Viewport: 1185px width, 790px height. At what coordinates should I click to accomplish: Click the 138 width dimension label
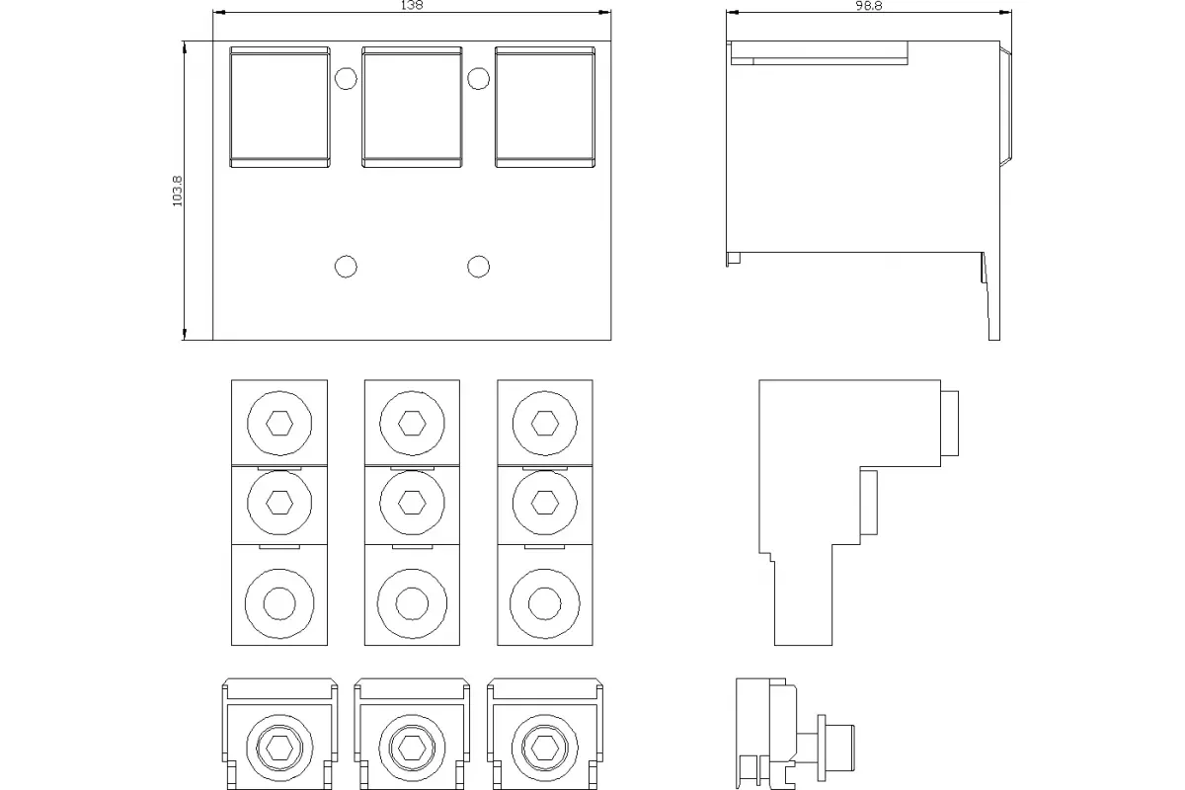(x=412, y=5)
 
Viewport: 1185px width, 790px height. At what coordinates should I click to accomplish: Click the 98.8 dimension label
(x=869, y=6)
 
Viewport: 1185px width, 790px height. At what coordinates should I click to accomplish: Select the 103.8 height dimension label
(x=177, y=191)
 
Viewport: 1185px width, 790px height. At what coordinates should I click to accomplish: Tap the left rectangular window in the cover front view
(x=279, y=107)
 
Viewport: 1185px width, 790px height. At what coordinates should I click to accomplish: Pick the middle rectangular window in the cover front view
(x=412, y=107)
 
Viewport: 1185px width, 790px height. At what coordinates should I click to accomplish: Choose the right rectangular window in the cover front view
(x=545, y=107)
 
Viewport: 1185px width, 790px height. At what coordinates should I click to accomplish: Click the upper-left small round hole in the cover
(x=346, y=78)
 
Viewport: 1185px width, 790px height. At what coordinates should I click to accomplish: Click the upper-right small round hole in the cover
(x=478, y=78)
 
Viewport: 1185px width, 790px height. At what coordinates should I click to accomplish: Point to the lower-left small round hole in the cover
(x=346, y=267)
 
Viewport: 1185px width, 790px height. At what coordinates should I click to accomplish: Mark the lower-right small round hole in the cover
(x=478, y=267)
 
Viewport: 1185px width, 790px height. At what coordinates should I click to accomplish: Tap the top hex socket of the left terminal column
(x=279, y=424)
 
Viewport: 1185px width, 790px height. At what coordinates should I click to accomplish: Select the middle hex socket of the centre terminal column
(x=412, y=503)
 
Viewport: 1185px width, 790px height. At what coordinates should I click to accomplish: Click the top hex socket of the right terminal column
(x=545, y=424)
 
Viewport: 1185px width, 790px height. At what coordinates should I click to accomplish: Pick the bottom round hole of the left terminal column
(x=279, y=603)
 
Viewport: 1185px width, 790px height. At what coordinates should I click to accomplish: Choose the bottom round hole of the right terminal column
(x=545, y=603)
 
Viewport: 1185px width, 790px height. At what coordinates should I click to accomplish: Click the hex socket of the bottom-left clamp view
(x=279, y=749)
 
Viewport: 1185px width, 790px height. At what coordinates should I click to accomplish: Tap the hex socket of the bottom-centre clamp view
(x=412, y=749)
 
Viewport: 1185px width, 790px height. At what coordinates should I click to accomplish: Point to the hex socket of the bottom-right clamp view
(x=545, y=749)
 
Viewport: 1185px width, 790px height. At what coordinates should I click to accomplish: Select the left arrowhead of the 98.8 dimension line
(x=732, y=12)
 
